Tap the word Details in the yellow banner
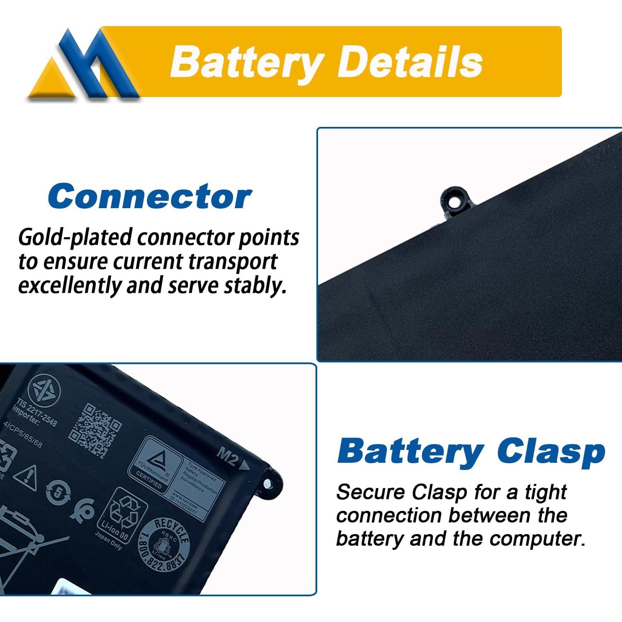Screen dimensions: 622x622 point(411,62)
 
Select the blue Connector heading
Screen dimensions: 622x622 point(149,197)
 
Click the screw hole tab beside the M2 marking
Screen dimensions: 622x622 point(267,483)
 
